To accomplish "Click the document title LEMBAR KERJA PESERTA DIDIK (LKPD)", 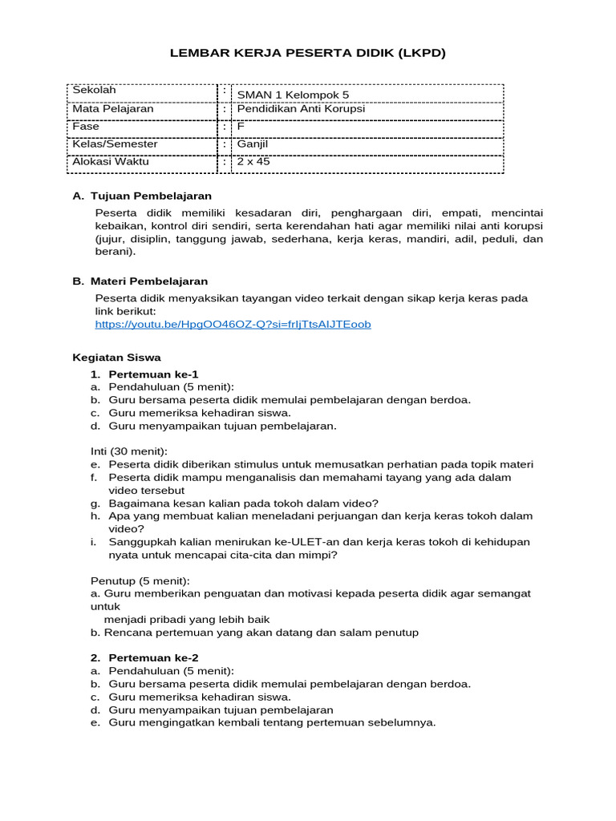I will click(307, 53).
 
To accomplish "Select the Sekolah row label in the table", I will click(94, 91).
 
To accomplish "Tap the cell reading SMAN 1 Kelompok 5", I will click(293, 95).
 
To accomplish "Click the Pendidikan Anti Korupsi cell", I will click(301, 109).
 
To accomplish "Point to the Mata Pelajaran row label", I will click(113, 109).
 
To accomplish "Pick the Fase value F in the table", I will click(240, 127).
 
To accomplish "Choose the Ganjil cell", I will click(252, 144).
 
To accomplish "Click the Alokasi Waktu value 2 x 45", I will click(253, 162).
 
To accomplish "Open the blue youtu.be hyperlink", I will click(233, 325).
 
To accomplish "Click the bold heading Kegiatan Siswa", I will click(116, 358).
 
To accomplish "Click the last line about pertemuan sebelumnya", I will click(272, 722).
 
